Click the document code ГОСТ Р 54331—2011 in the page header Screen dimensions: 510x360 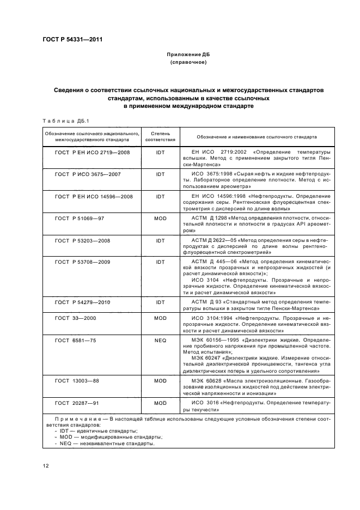click(x=72, y=40)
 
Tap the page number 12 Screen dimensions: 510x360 click(x=46, y=466)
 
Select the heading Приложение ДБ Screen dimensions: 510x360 click(x=188, y=55)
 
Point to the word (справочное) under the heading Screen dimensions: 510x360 click(x=188, y=63)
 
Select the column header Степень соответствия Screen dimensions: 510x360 click(x=160, y=136)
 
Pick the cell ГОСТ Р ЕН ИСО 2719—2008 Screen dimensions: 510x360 click(x=93, y=153)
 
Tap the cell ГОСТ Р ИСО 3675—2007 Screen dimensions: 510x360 click(x=88, y=174)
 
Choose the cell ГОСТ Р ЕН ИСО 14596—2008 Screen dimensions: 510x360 click(x=94, y=196)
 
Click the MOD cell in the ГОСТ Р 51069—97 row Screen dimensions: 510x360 click(x=160, y=217)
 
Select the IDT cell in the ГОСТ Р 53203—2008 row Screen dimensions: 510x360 click(x=160, y=239)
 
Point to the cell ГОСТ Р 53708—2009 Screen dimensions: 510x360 click(x=83, y=262)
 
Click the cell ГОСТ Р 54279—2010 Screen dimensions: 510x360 click(x=83, y=302)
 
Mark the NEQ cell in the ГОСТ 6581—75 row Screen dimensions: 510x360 click(x=160, y=340)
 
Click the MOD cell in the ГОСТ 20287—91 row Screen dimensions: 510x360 click(x=160, y=403)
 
